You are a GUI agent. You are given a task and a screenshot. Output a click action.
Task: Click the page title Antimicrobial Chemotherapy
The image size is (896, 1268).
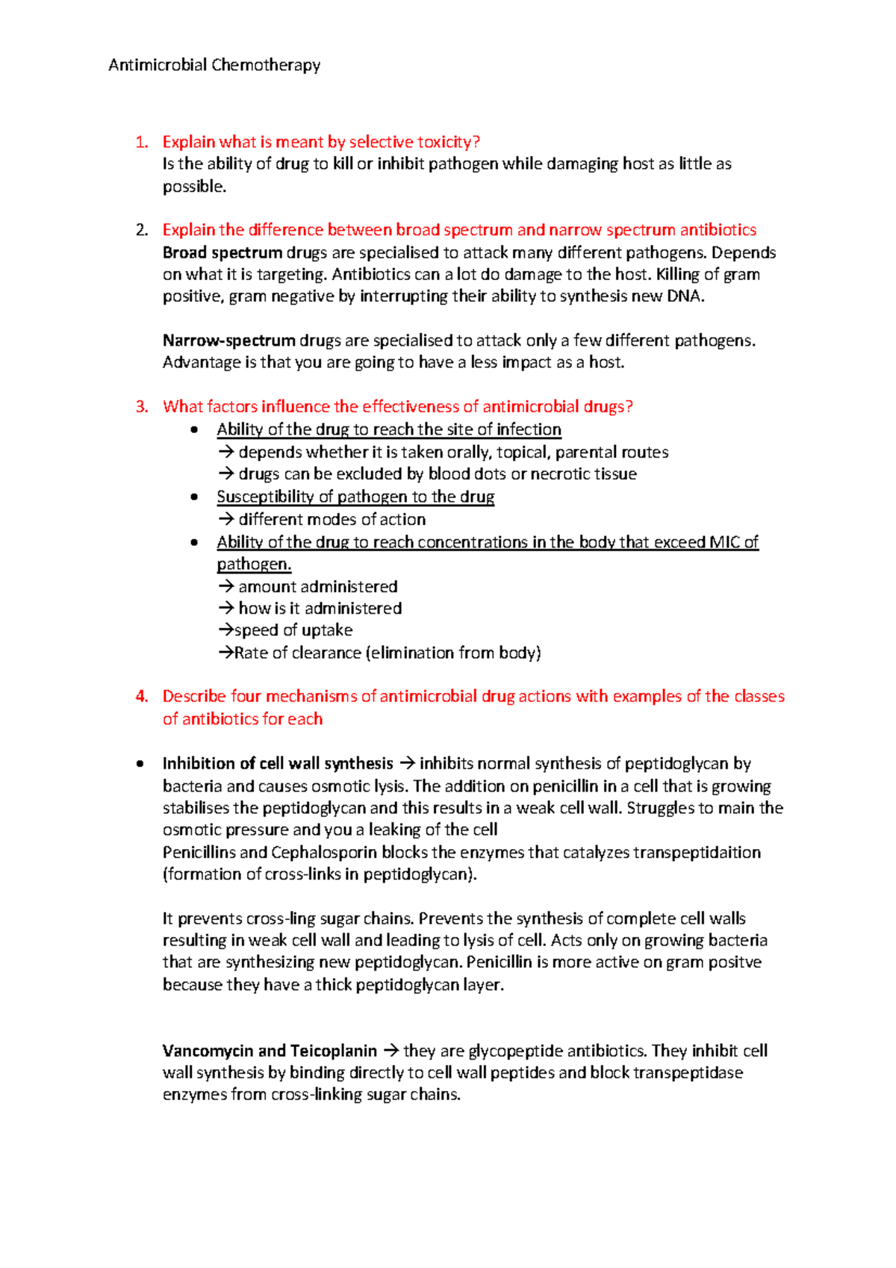pyautogui.click(x=214, y=66)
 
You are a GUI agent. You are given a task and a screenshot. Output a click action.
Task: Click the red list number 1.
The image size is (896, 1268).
pyautogui.click(x=142, y=142)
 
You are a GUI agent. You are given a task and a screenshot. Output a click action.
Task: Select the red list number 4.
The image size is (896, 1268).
pyautogui.click(x=142, y=696)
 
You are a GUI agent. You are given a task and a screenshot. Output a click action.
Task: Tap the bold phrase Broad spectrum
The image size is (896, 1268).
pyautogui.click(x=223, y=252)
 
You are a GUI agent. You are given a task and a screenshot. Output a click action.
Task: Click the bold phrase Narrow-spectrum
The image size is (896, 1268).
pyautogui.click(x=229, y=341)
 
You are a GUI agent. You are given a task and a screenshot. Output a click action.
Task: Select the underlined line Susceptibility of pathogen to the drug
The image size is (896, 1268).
pyautogui.click(x=355, y=497)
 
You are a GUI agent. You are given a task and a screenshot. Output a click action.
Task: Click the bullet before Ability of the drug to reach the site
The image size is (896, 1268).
pyautogui.click(x=195, y=429)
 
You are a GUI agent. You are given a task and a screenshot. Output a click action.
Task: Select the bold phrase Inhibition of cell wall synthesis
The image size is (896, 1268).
pyautogui.click(x=278, y=763)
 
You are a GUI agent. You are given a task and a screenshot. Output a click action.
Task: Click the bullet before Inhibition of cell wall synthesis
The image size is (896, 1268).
pyautogui.click(x=140, y=763)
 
